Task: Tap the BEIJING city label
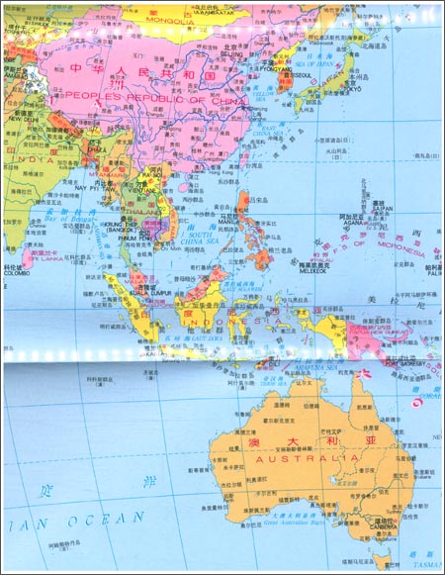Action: (x=230, y=52)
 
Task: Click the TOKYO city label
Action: (x=353, y=87)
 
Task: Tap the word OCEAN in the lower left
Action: (x=109, y=520)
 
